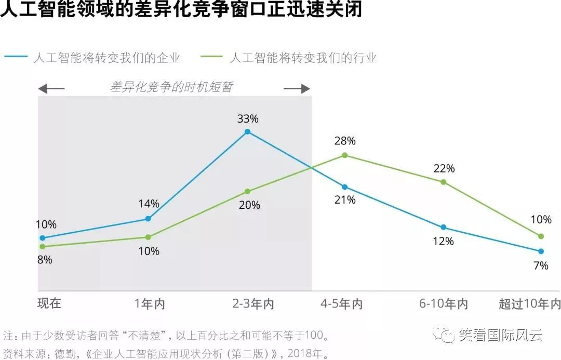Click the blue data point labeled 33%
click(x=247, y=132)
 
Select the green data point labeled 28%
click(x=344, y=155)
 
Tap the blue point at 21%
click(x=344, y=187)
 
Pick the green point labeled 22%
click(x=443, y=182)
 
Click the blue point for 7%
click(x=541, y=251)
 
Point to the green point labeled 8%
click(x=43, y=247)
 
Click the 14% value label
click(x=149, y=204)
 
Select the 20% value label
click(x=249, y=205)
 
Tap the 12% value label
click(x=443, y=242)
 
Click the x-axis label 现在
click(x=49, y=303)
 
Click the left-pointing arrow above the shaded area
click(x=51, y=89)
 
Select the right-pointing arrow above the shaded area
click(x=297, y=89)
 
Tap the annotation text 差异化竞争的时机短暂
click(x=171, y=87)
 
